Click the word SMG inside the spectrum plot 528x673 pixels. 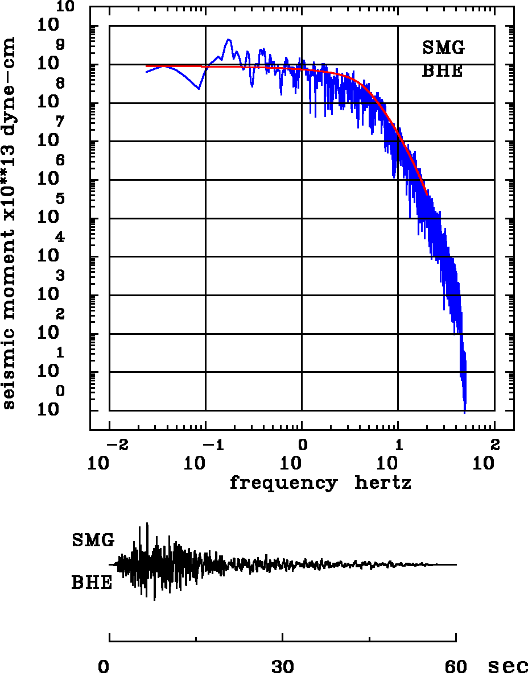pyautogui.click(x=443, y=48)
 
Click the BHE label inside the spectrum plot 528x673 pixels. pyautogui.click(x=442, y=72)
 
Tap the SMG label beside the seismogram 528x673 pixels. pyautogui.click(x=93, y=540)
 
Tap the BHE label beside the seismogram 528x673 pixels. pyautogui.click(x=92, y=583)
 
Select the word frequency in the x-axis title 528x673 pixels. pyautogui.click(x=283, y=484)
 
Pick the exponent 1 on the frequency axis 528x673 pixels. pyautogui.click(x=399, y=444)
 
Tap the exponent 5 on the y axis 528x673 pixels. pyautogui.click(x=60, y=199)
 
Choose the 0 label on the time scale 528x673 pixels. pyautogui.click(x=103, y=666)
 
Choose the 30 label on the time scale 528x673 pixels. pyautogui.click(x=282, y=666)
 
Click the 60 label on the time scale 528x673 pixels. pyautogui.click(x=456, y=666)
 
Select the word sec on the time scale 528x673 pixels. pyautogui.click(x=508, y=666)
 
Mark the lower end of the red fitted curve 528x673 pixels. pyautogui.click(x=427, y=194)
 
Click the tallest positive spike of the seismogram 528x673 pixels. pyautogui.click(x=147, y=524)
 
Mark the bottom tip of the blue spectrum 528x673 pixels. pyautogui.click(x=465, y=412)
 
